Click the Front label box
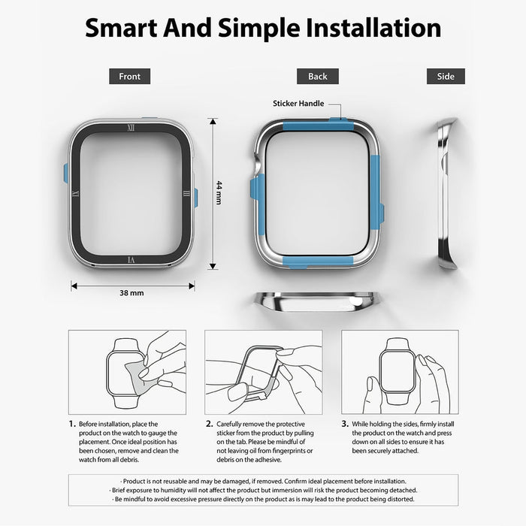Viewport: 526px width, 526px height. click(x=129, y=76)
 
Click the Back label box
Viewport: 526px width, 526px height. click(x=317, y=76)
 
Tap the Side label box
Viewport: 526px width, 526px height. click(x=446, y=76)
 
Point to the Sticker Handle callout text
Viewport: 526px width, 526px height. click(x=298, y=104)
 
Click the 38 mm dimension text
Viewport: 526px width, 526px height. click(x=131, y=293)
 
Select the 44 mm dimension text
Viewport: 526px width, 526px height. click(x=219, y=192)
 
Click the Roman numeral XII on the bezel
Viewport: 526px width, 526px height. click(x=131, y=128)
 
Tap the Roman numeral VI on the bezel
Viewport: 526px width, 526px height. click(x=131, y=260)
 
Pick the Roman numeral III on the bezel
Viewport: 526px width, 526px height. click(x=186, y=194)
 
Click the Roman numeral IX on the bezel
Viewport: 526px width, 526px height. click(x=75, y=194)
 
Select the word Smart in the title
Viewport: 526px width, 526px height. click(x=121, y=29)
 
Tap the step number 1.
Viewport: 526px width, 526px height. click(x=72, y=424)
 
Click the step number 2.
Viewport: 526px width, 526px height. click(x=209, y=424)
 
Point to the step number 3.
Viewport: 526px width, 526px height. click(x=345, y=424)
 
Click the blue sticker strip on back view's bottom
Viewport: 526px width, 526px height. click(x=318, y=262)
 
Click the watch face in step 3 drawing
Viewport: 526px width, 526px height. click(x=398, y=371)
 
